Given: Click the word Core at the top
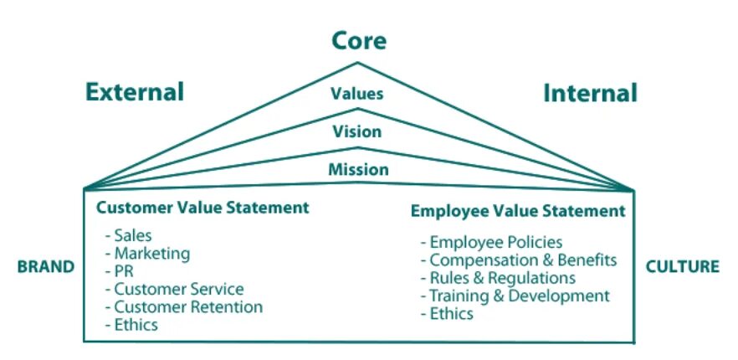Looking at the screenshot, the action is tap(359, 40).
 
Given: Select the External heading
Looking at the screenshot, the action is tap(134, 91).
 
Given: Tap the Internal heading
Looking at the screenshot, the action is tap(590, 92).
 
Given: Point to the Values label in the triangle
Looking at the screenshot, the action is tap(357, 93).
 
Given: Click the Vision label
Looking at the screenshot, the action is tap(357, 131).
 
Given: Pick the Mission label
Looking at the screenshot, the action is tap(358, 169).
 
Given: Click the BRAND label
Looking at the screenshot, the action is tap(46, 267).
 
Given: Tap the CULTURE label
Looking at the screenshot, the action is tap(682, 267).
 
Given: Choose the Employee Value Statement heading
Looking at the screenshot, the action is tap(518, 211).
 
